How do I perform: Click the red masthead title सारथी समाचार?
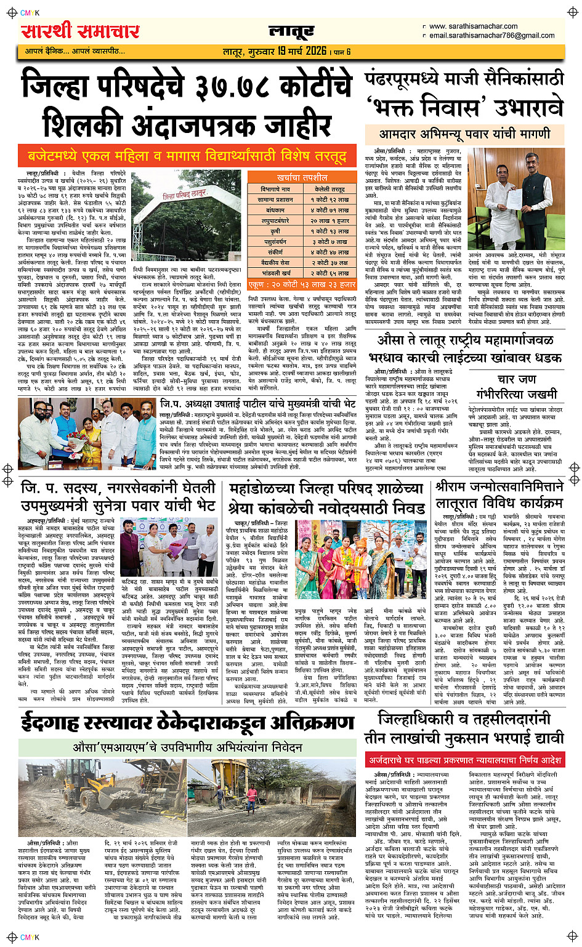(x=81, y=31)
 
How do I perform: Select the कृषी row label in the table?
(x=275, y=232)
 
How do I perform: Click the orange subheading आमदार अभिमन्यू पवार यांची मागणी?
(x=464, y=133)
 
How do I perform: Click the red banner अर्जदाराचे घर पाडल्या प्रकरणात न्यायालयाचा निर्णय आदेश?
(x=464, y=760)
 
